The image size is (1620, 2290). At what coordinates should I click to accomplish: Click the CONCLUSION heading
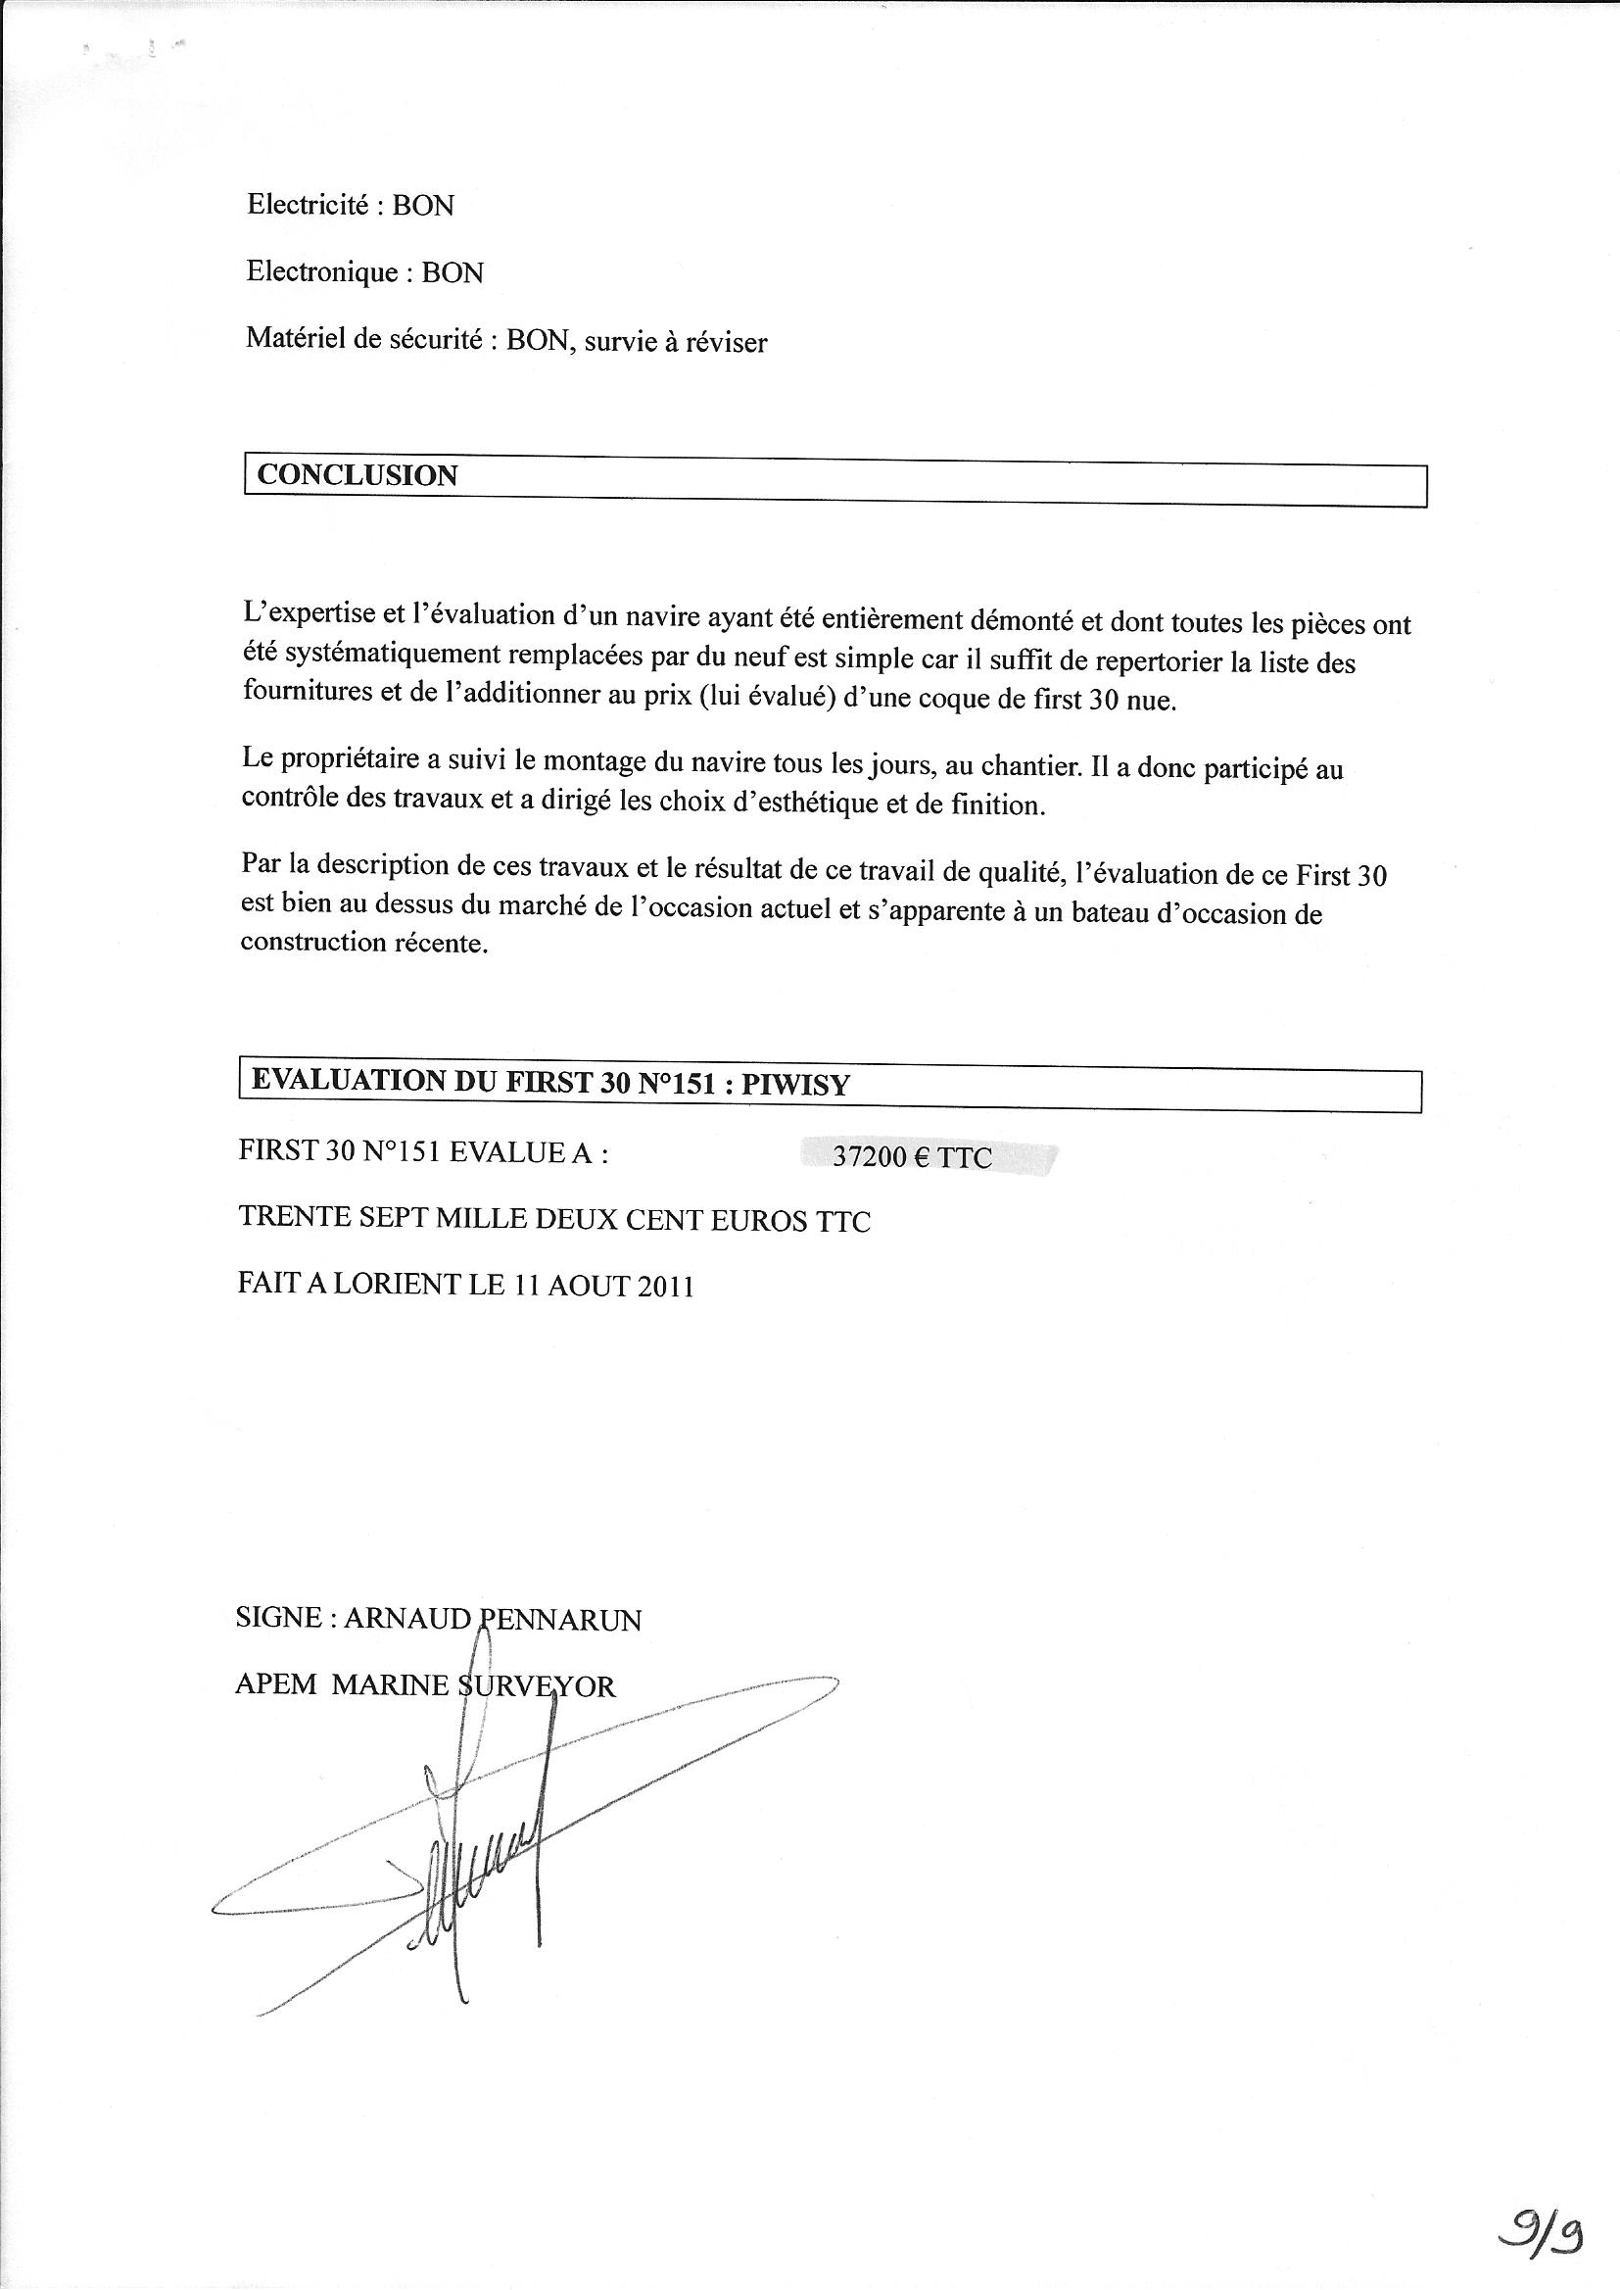pos(357,475)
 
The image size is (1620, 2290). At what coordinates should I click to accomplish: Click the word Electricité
pos(308,205)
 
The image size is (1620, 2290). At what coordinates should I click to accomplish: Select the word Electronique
pos(321,271)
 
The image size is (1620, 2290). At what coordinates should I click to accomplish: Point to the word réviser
pos(725,343)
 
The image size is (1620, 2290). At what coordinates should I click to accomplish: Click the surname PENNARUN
pos(560,1620)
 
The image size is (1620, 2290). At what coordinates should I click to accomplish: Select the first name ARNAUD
pos(407,1619)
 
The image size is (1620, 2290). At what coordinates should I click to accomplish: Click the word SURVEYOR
pos(537,1686)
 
